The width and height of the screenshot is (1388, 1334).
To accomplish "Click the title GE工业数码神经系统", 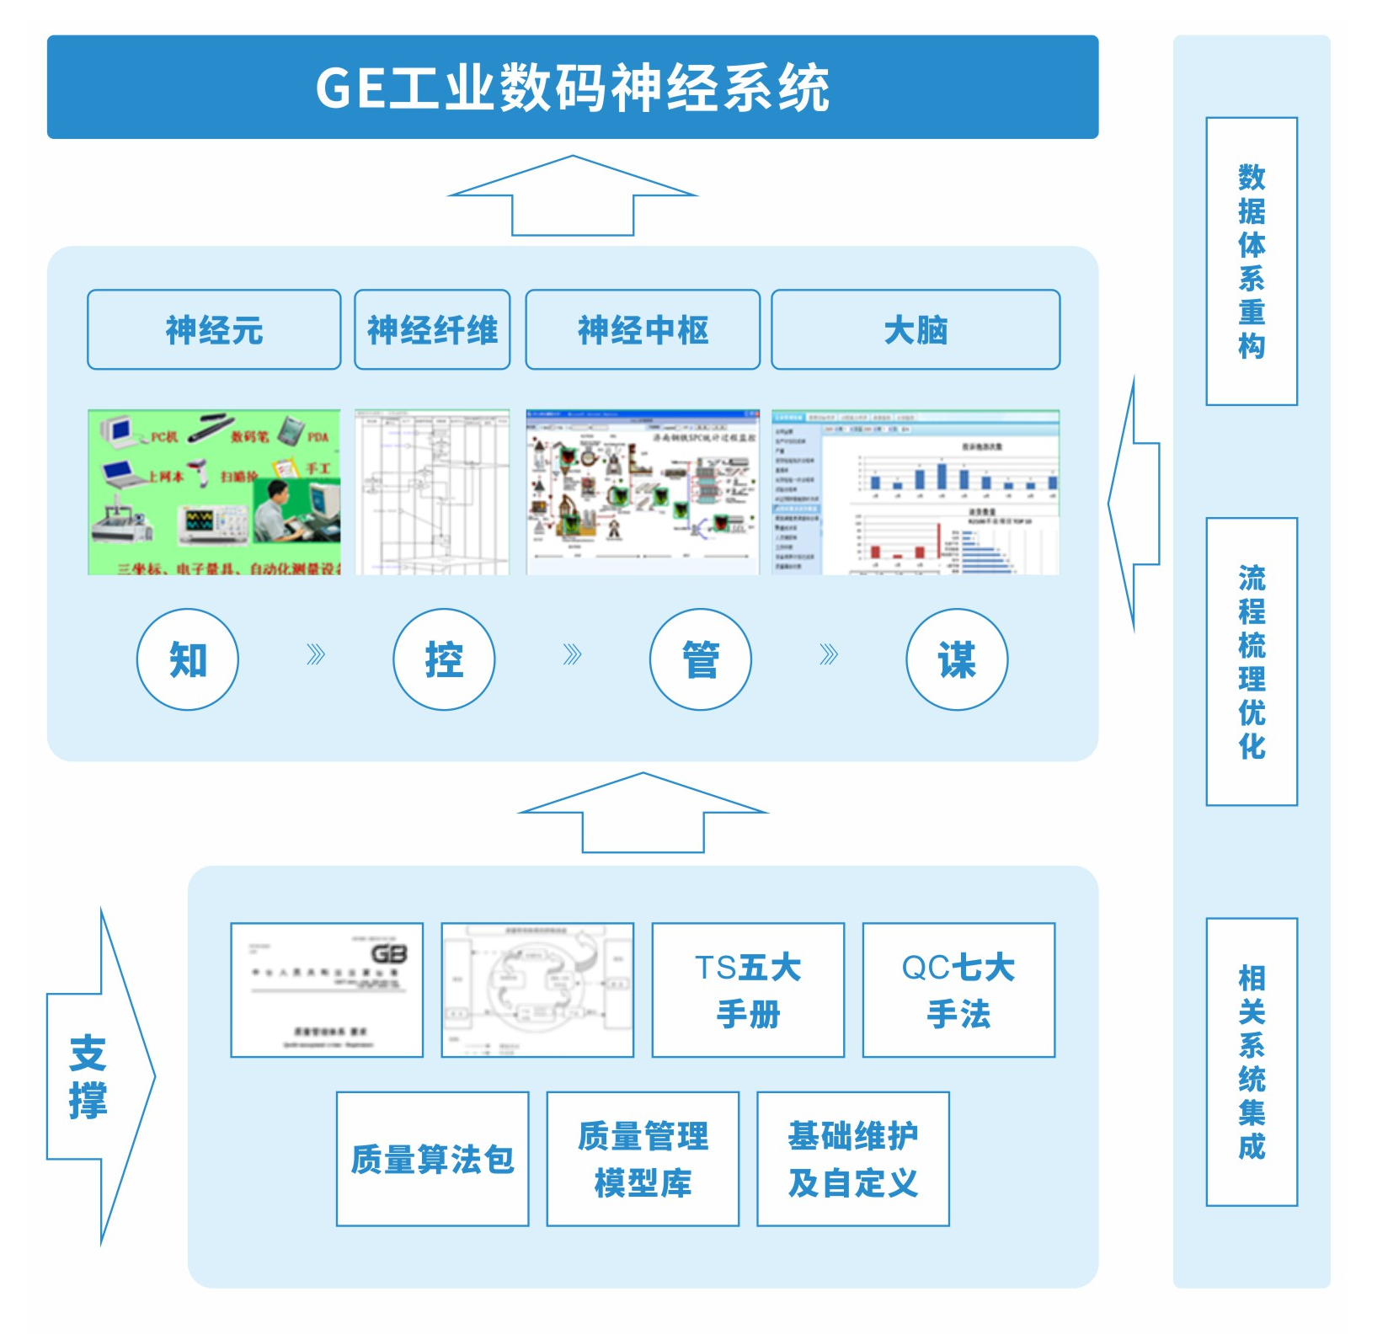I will pyautogui.click(x=573, y=87).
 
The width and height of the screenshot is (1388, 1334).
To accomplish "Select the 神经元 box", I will pyautogui.click(x=214, y=329).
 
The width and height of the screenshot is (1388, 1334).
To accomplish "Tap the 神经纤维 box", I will pyautogui.click(x=432, y=329).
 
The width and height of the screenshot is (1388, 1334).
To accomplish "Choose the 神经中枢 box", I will pyautogui.click(x=643, y=329).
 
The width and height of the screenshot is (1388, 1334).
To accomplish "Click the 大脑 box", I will pyautogui.click(x=916, y=329).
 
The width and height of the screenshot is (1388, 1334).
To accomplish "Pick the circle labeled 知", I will pyautogui.click(x=188, y=659).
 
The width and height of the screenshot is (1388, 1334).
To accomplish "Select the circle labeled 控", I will pyautogui.click(x=444, y=659).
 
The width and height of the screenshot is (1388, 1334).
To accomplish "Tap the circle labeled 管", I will pyautogui.click(x=700, y=659).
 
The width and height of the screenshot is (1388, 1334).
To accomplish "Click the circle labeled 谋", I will pyautogui.click(x=957, y=659).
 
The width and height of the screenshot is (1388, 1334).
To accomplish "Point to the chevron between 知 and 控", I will pyautogui.click(x=316, y=655).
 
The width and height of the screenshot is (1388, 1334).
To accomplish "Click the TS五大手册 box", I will pyautogui.click(x=748, y=990).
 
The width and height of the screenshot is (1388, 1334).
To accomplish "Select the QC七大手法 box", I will pyautogui.click(x=958, y=990).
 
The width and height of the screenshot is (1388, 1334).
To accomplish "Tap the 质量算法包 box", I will pyautogui.click(x=432, y=1159).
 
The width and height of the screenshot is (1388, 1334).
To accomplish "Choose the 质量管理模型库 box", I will pyautogui.click(x=643, y=1159).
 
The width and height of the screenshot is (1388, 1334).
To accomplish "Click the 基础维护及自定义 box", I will pyautogui.click(x=853, y=1159).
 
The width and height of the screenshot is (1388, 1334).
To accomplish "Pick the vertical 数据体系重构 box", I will pyautogui.click(x=1252, y=261).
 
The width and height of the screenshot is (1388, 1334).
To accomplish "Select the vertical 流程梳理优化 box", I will pyautogui.click(x=1252, y=661).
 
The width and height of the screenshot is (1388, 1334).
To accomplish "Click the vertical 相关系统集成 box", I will pyautogui.click(x=1252, y=1062).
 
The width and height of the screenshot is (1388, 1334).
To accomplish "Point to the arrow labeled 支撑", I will pyautogui.click(x=93, y=1076).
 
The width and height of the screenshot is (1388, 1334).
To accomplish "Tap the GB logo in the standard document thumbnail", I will pyautogui.click(x=389, y=954).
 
